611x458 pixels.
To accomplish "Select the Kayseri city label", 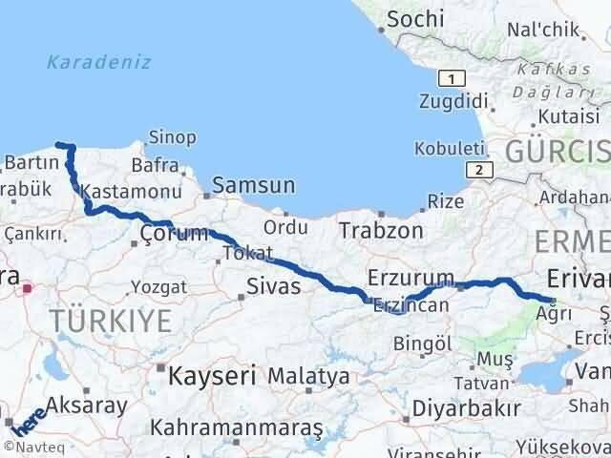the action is click(x=212, y=376).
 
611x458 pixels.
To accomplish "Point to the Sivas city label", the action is click(x=273, y=286).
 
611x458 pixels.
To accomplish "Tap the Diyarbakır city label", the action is click(x=468, y=408).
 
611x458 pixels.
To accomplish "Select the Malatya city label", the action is click(x=307, y=377).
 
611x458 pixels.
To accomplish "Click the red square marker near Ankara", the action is click(x=29, y=286).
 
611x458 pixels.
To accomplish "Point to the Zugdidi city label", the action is click(x=454, y=100).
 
